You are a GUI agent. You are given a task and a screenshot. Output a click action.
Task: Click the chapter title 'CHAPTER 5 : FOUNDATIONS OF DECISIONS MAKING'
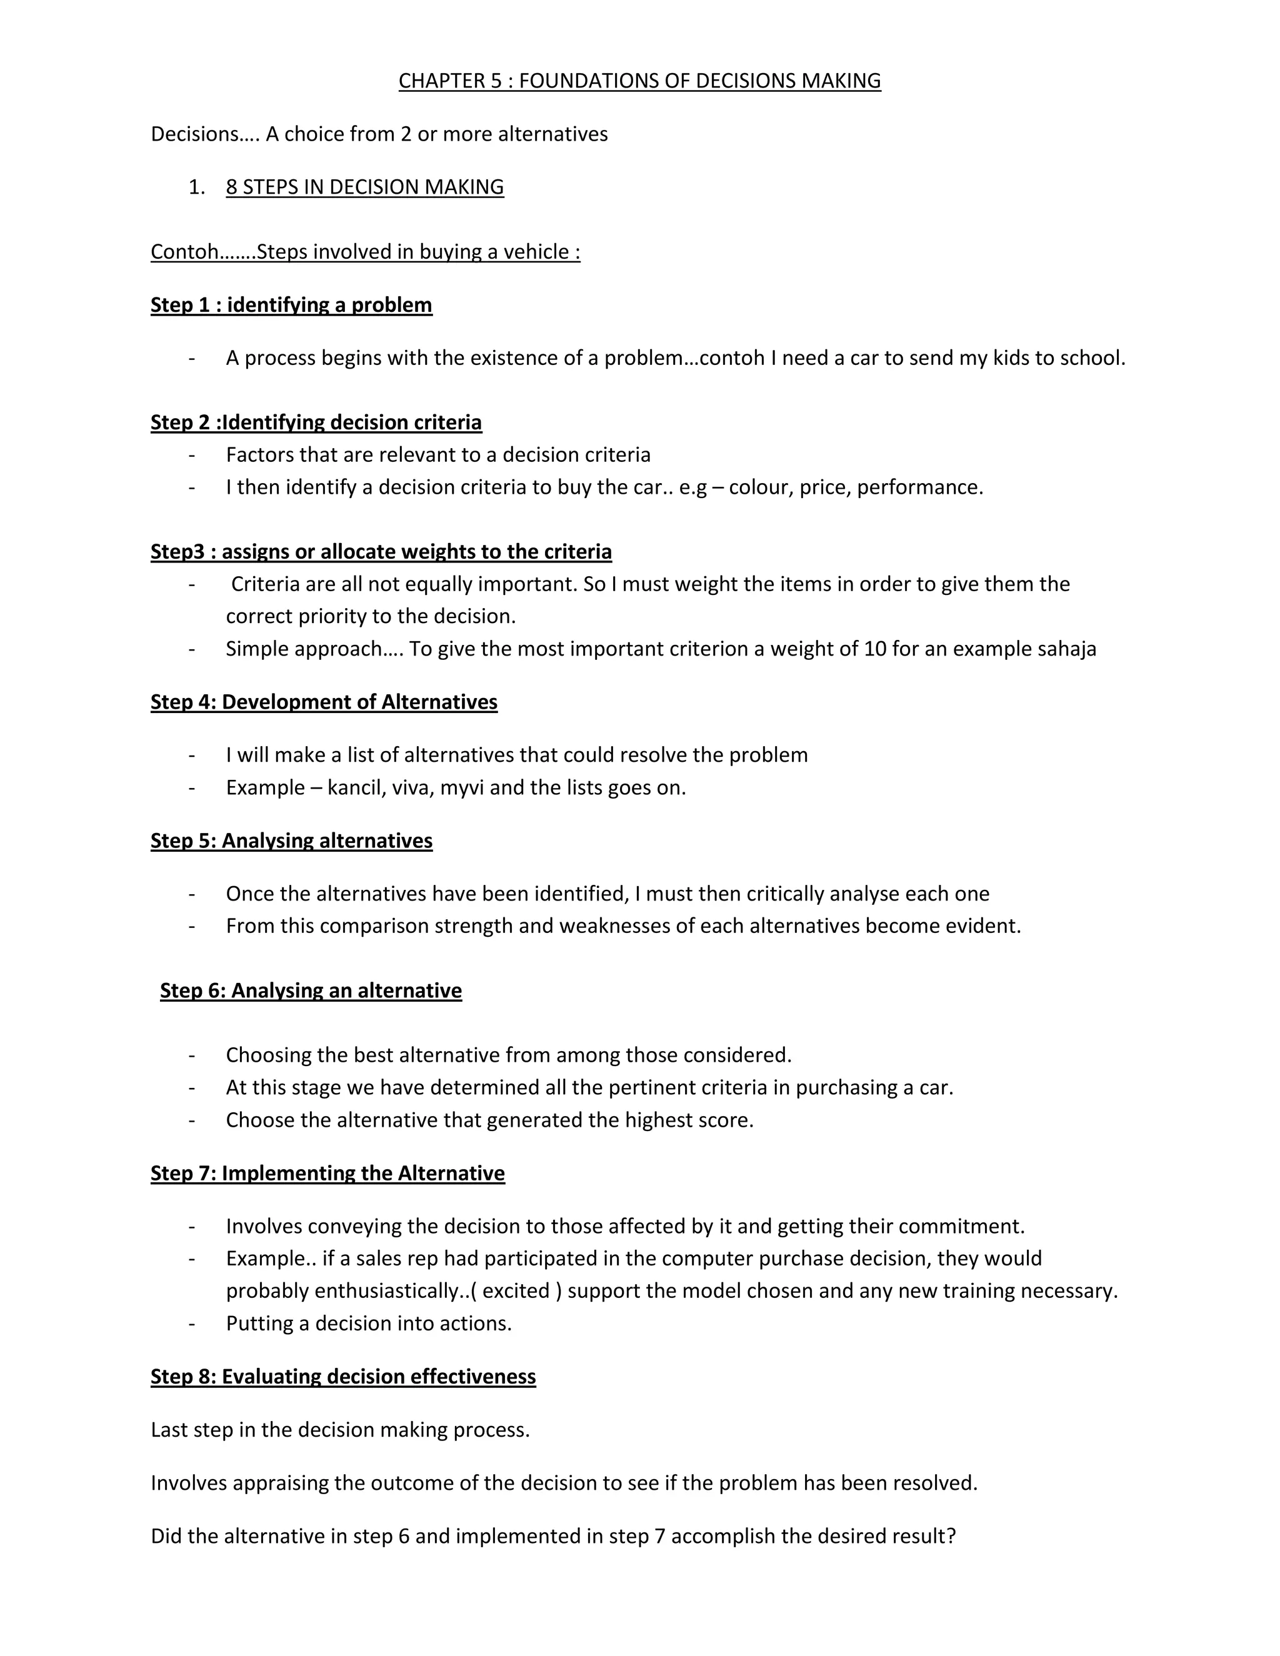639,81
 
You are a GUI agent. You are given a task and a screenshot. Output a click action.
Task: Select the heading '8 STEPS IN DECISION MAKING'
365,187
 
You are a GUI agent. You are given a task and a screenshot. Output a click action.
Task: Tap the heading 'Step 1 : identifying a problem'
291,305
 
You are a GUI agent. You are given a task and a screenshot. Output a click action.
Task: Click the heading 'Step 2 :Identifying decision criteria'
316,422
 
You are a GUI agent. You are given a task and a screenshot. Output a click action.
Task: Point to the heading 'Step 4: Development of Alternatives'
324,702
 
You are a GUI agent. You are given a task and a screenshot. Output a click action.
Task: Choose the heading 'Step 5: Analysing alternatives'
291,841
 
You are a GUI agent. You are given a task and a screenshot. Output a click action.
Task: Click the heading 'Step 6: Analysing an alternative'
311,991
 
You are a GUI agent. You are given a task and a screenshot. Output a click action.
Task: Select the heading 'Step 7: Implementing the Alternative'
327,1174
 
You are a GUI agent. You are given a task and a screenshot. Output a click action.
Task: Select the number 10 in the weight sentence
875,649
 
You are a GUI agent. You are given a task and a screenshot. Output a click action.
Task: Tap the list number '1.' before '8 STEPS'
196,187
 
